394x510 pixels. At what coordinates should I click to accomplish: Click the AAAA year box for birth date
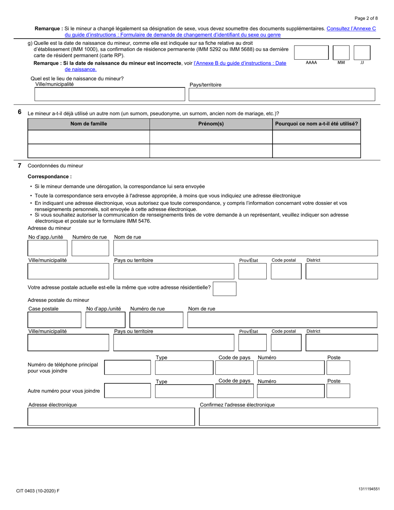tap(311, 53)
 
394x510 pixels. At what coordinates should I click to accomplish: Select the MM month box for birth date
tap(341, 53)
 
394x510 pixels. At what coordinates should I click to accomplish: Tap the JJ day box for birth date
tap(362, 53)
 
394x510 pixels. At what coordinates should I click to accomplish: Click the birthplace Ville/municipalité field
tap(109, 95)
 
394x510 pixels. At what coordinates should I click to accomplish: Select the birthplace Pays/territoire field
tap(282, 95)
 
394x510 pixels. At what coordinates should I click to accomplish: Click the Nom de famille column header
tap(88, 124)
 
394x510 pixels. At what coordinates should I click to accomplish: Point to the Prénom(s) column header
tap(211, 124)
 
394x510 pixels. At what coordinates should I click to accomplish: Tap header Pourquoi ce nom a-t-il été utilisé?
tap(316, 124)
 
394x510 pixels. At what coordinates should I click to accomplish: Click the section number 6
tap(19, 112)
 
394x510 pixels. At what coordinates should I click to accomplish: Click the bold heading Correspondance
tap(49, 177)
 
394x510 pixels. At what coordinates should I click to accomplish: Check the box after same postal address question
tap(224, 289)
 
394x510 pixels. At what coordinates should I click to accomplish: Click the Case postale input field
tap(54, 320)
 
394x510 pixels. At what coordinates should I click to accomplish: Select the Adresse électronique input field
tap(111, 417)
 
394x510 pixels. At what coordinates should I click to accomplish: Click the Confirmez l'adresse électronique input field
tap(288, 417)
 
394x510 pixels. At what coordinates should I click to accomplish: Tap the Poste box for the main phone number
tap(338, 368)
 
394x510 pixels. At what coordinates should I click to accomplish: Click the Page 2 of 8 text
tap(366, 18)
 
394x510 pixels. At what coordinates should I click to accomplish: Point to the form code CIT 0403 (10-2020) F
tap(38, 491)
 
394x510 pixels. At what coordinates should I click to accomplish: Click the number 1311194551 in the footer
tap(368, 490)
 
